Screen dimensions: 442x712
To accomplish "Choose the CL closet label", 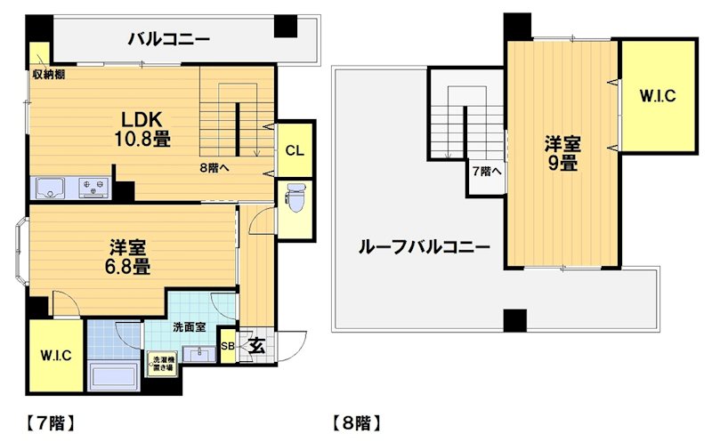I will [x=295, y=149].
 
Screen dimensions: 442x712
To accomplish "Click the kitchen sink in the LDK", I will [x=52, y=188].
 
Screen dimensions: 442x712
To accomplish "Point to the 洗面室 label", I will [x=190, y=326].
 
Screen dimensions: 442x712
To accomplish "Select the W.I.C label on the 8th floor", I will [x=658, y=97].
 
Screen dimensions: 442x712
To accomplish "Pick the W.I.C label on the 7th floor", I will [x=55, y=355].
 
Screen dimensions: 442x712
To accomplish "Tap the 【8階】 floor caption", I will [x=355, y=421].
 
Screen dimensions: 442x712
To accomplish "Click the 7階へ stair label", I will [x=487, y=171].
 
